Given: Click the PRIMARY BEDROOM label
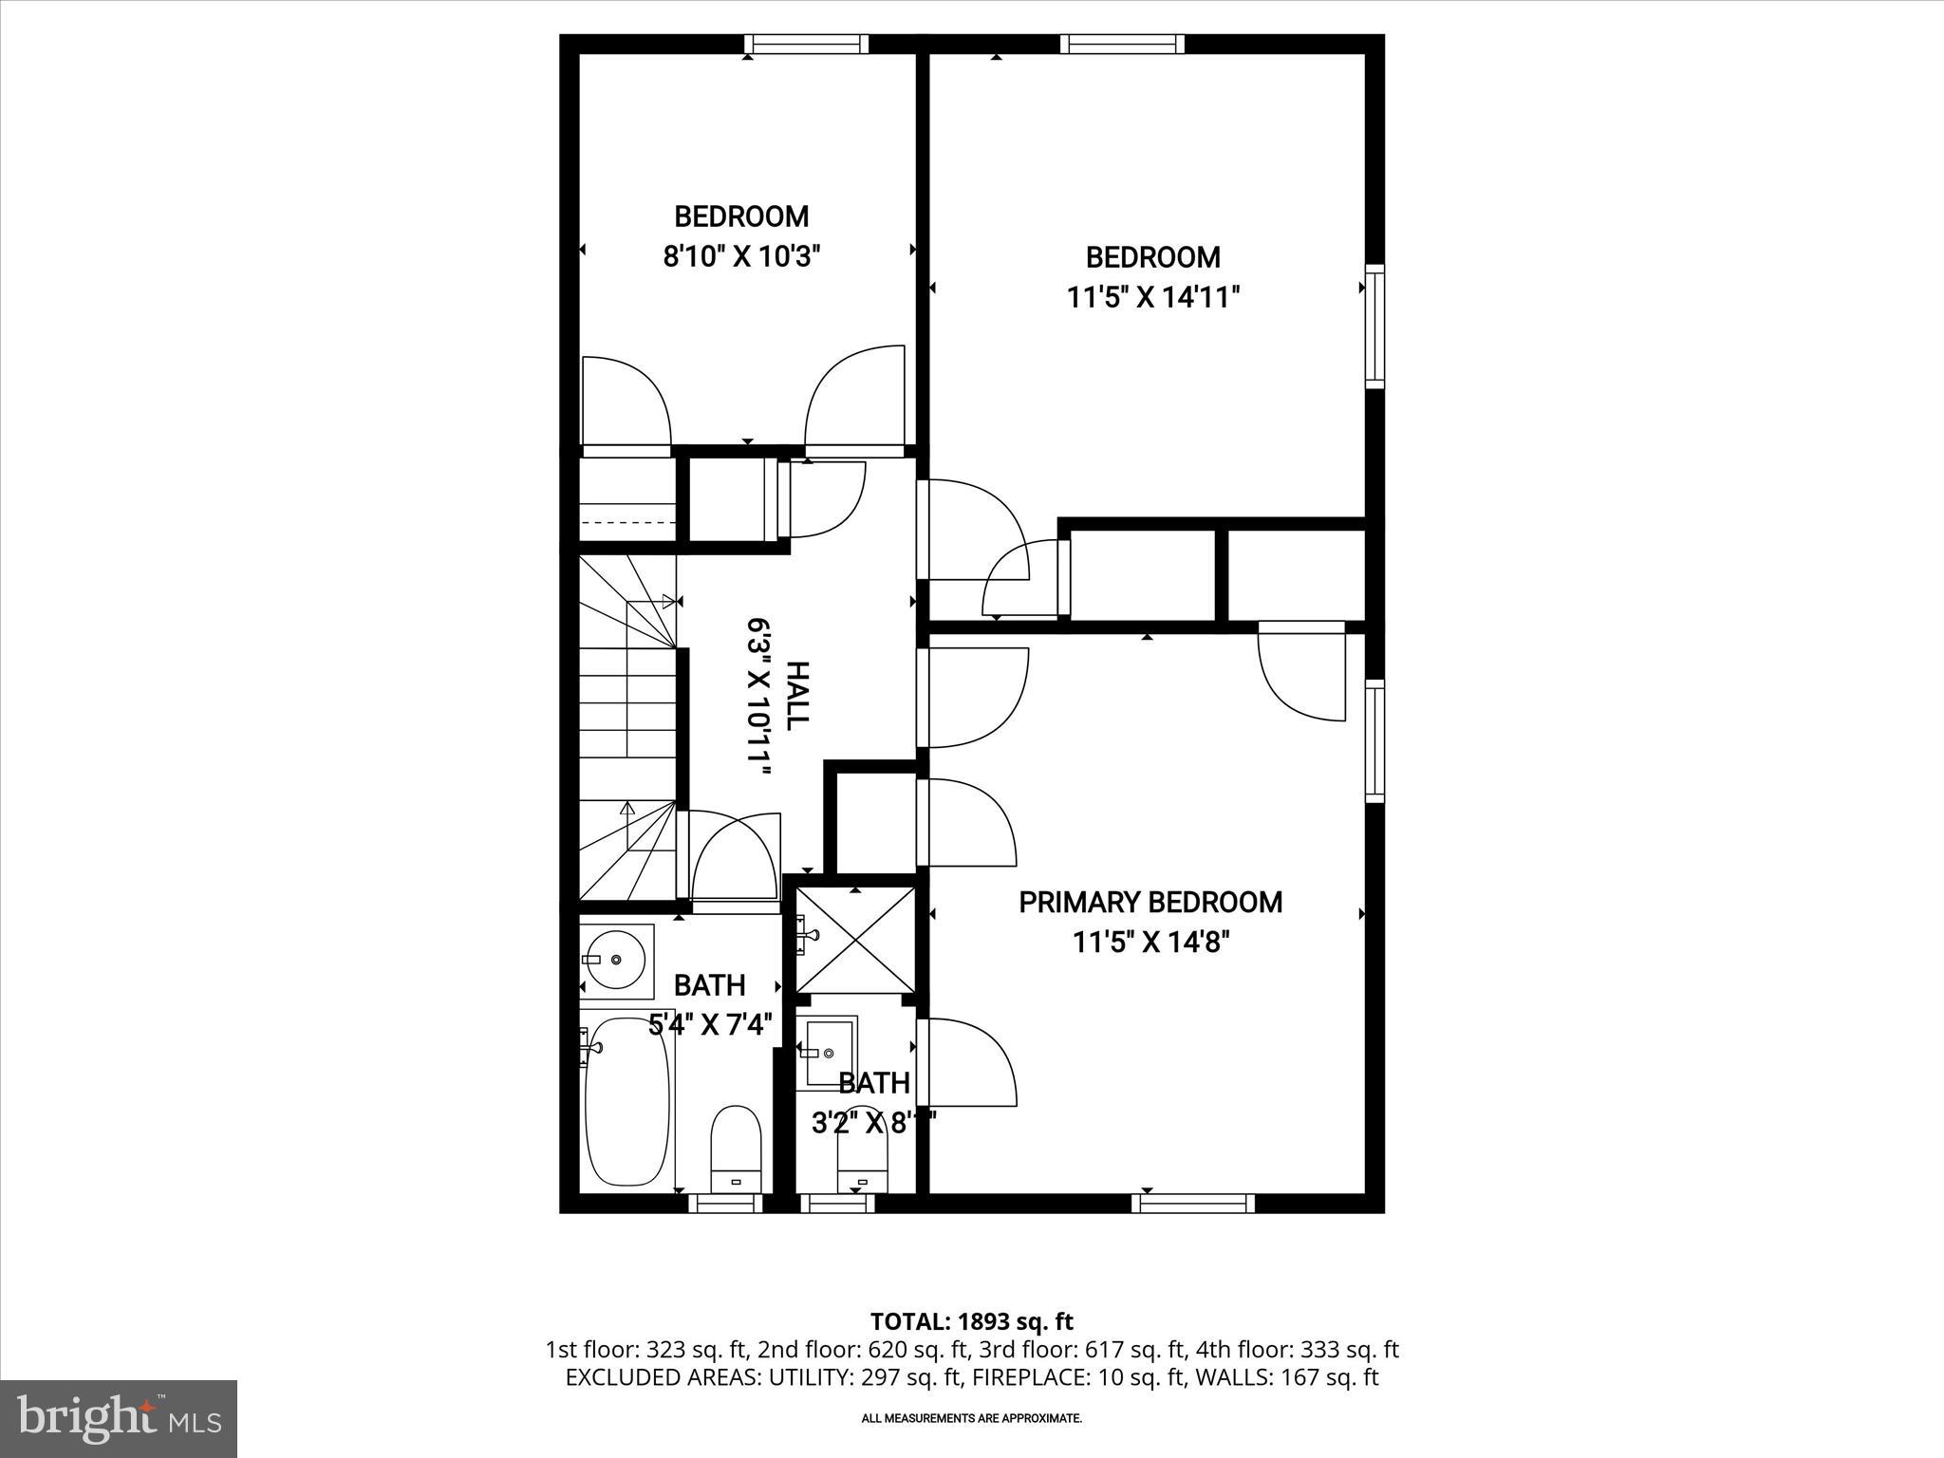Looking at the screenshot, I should click(1150, 902).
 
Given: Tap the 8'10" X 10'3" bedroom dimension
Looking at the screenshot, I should click(741, 256).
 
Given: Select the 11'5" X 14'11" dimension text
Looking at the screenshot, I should click(1153, 298).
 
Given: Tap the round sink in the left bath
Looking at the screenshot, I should click(616, 960).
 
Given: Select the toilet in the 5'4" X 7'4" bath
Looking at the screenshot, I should click(737, 1148).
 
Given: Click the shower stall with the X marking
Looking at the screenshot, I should click(856, 939).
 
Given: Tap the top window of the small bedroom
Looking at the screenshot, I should click(806, 44).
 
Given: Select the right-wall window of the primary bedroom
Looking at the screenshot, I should click(1374, 740).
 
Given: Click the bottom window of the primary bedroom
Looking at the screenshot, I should click(1193, 1204).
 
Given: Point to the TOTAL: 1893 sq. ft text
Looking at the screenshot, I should click(972, 1321).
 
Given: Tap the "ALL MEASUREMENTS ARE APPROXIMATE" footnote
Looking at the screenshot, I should click(972, 1418).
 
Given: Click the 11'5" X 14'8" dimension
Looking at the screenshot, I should click(1151, 943).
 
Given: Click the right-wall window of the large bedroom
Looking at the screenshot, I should click(1374, 326).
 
